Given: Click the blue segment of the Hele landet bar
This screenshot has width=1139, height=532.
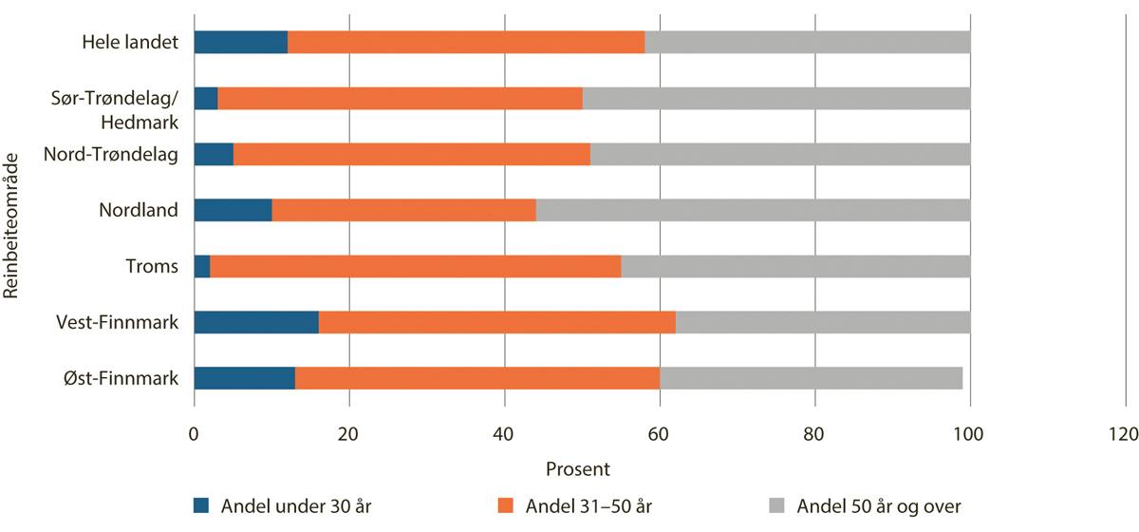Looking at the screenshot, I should (241, 42).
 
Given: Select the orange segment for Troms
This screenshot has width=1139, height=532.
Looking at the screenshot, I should (416, 266).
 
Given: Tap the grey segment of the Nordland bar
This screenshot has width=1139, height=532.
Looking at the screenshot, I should (753, 210).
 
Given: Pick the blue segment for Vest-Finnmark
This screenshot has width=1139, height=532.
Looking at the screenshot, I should (256, 322).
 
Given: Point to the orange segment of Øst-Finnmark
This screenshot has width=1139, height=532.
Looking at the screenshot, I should (477, 378).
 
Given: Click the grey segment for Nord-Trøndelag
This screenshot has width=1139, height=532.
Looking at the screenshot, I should (779, 154).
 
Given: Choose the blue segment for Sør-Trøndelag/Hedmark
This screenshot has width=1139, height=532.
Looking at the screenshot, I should (206, 98).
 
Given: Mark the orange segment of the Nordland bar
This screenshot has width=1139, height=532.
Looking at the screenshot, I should (404, 210).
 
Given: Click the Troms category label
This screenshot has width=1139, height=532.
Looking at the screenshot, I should (152, 267).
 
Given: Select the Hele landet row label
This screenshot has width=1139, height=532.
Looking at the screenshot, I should (130, 43).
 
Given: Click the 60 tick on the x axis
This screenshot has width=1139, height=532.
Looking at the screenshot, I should (660, 435).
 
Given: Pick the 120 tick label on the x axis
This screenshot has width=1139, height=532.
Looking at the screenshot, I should (1125, 435).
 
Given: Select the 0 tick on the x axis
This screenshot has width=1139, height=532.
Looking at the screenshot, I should (194, 435).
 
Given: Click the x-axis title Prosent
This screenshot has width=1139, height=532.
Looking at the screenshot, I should (578, 468).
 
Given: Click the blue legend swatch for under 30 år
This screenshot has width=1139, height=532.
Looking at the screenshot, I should (201, 505).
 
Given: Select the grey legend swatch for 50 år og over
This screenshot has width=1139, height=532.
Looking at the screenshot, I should (775, 505).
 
